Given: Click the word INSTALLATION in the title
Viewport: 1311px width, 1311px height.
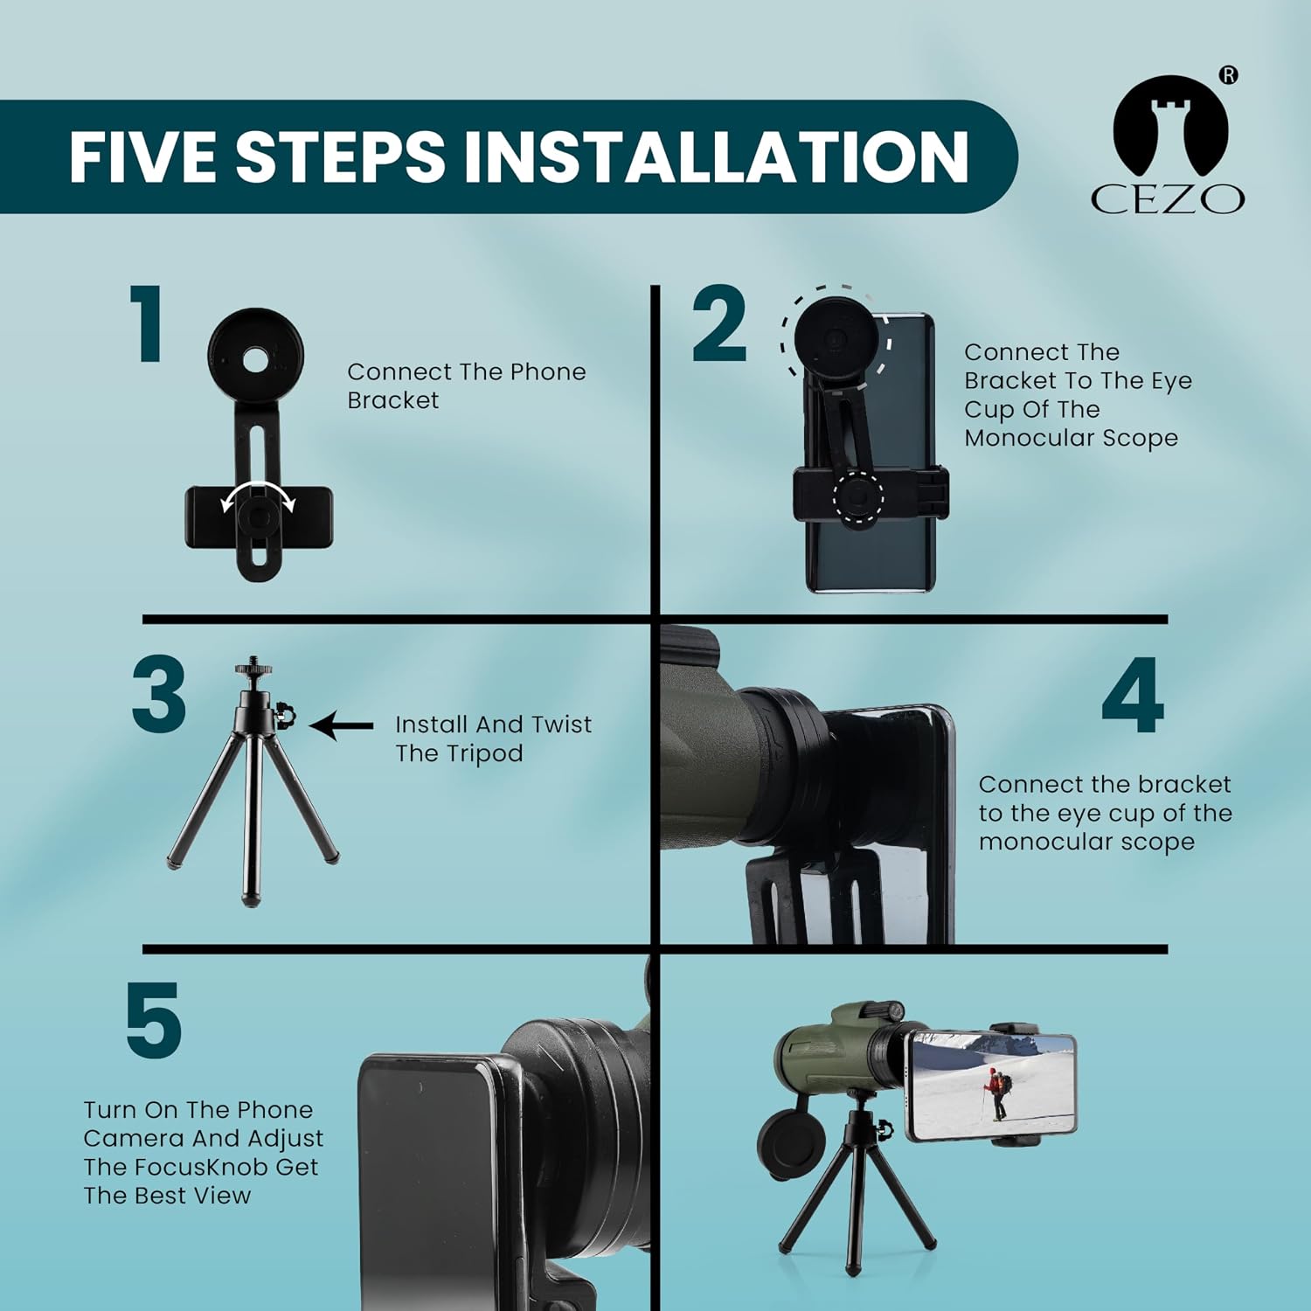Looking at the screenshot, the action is click(x=716, y=156).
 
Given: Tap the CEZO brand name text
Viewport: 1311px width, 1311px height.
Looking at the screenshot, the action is click(x=1168, y=199).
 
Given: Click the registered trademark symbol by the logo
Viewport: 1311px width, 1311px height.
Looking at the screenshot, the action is click(x=1229, y=75).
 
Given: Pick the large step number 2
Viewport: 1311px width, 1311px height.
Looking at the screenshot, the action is click(x=719, y=324).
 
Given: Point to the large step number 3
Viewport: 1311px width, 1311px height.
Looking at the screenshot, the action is click(x=159, y=695).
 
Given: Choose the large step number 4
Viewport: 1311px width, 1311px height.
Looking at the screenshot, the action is click(x=1133, y=697).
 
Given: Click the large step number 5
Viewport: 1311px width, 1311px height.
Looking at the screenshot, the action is click(x=154, y=1020).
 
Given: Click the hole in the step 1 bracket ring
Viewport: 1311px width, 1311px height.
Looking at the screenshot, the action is click(x=256, y=357).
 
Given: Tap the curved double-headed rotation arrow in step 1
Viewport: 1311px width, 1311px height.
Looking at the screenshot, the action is click(x=258, y=495).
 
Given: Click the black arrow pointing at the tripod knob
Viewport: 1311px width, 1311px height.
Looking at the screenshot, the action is click(x=342, y=725).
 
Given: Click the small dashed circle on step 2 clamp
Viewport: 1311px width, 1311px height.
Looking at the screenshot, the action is click(x=858, y=497).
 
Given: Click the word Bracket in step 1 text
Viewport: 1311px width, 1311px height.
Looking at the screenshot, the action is click(x=392, y=400).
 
